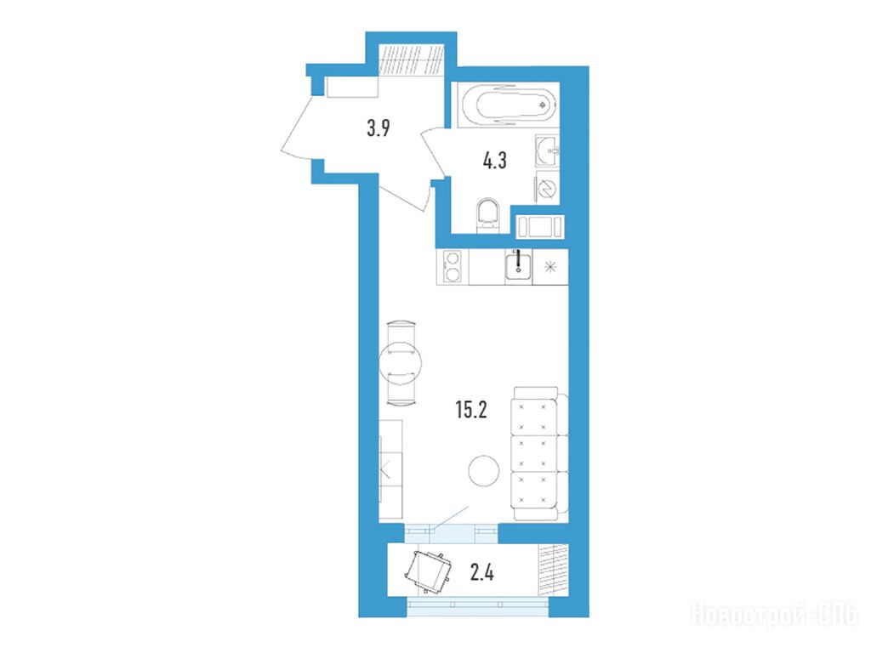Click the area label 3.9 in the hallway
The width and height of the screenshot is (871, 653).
pos(379,128)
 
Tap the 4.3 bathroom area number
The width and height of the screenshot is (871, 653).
pos(494,161)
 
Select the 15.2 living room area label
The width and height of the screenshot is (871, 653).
pos(471,410)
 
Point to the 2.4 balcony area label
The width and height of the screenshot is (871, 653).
pos(481,571)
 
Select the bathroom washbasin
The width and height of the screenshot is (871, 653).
pos(548,150)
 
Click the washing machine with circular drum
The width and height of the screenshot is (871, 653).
pos(548,188)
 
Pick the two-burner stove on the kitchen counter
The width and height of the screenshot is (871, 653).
pos(453,267)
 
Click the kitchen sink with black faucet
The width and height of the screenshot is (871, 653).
pos(519,265)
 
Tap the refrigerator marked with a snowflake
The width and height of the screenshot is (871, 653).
pos(550,267)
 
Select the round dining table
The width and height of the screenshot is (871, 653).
pos(400,362)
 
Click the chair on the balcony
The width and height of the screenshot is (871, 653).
pos(428,572)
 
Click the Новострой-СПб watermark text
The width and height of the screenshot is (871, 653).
pos(775,615)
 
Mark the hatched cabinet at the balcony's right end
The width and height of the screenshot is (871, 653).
pos(554,572)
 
